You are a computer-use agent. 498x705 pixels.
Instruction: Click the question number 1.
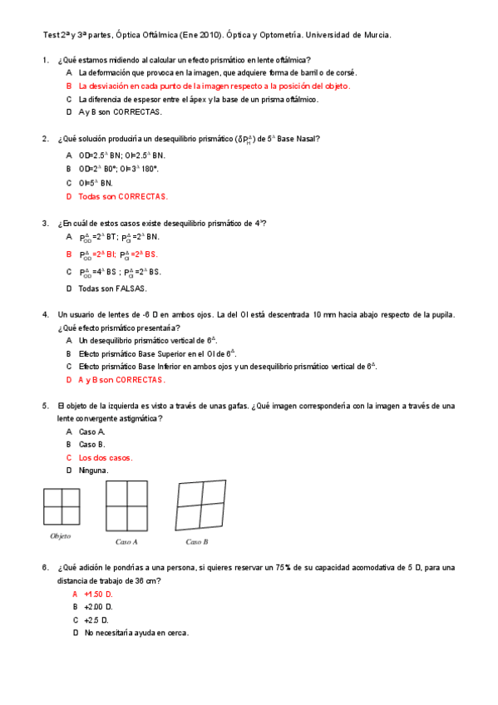[45, 60]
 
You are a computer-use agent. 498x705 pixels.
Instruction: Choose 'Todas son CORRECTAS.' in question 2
[122, 197]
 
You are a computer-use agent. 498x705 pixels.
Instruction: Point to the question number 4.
[45, 315]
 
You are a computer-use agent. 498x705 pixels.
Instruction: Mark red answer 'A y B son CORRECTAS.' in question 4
[121, 380]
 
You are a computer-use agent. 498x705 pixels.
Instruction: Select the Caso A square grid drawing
[127, 505]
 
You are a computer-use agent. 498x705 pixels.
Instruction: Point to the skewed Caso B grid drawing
[201, 505]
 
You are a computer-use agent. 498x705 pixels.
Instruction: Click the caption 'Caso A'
[126, 542]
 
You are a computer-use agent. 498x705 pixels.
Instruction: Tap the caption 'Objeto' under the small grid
[61, 536]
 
